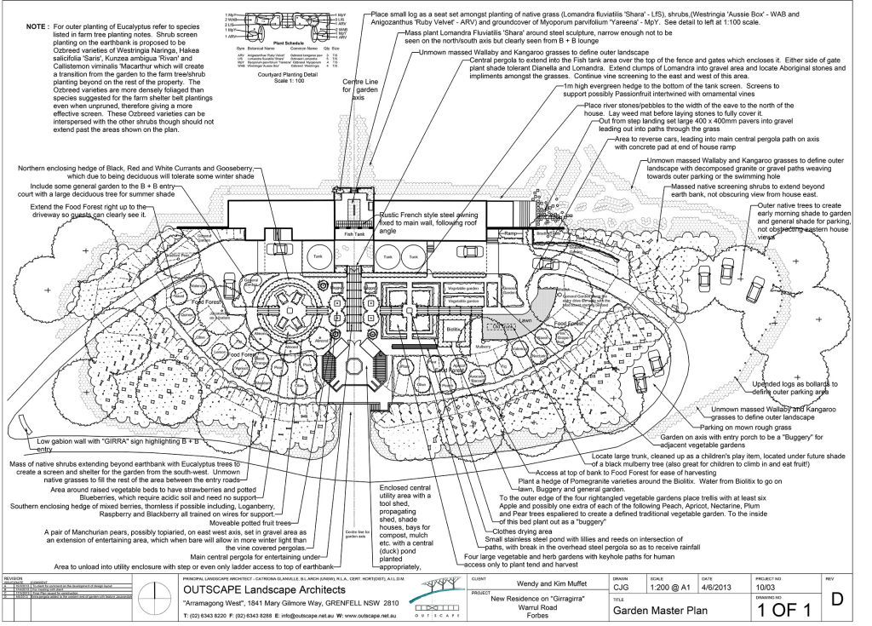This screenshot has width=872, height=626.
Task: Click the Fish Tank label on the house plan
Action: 353,232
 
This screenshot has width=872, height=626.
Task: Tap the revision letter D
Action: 837,599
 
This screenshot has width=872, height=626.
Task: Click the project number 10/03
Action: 767,586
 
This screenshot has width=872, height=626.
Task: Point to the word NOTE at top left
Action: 37,27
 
